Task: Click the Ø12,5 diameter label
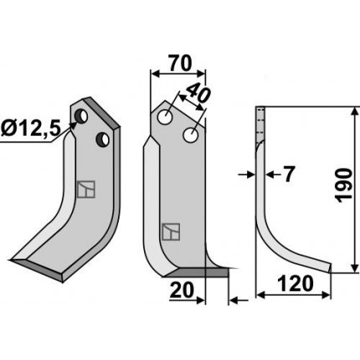click(31, 129)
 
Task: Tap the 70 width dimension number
click(181, 64)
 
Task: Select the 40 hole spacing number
click(198, 93)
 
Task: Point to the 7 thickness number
click(289, 175)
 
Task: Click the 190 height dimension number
click(343, 185)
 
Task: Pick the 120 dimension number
click(296, 284)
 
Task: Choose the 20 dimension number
click(182, 290)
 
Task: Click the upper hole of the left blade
click(81, 116)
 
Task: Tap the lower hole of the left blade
click(102, 139)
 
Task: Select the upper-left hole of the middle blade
click(165, 117)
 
